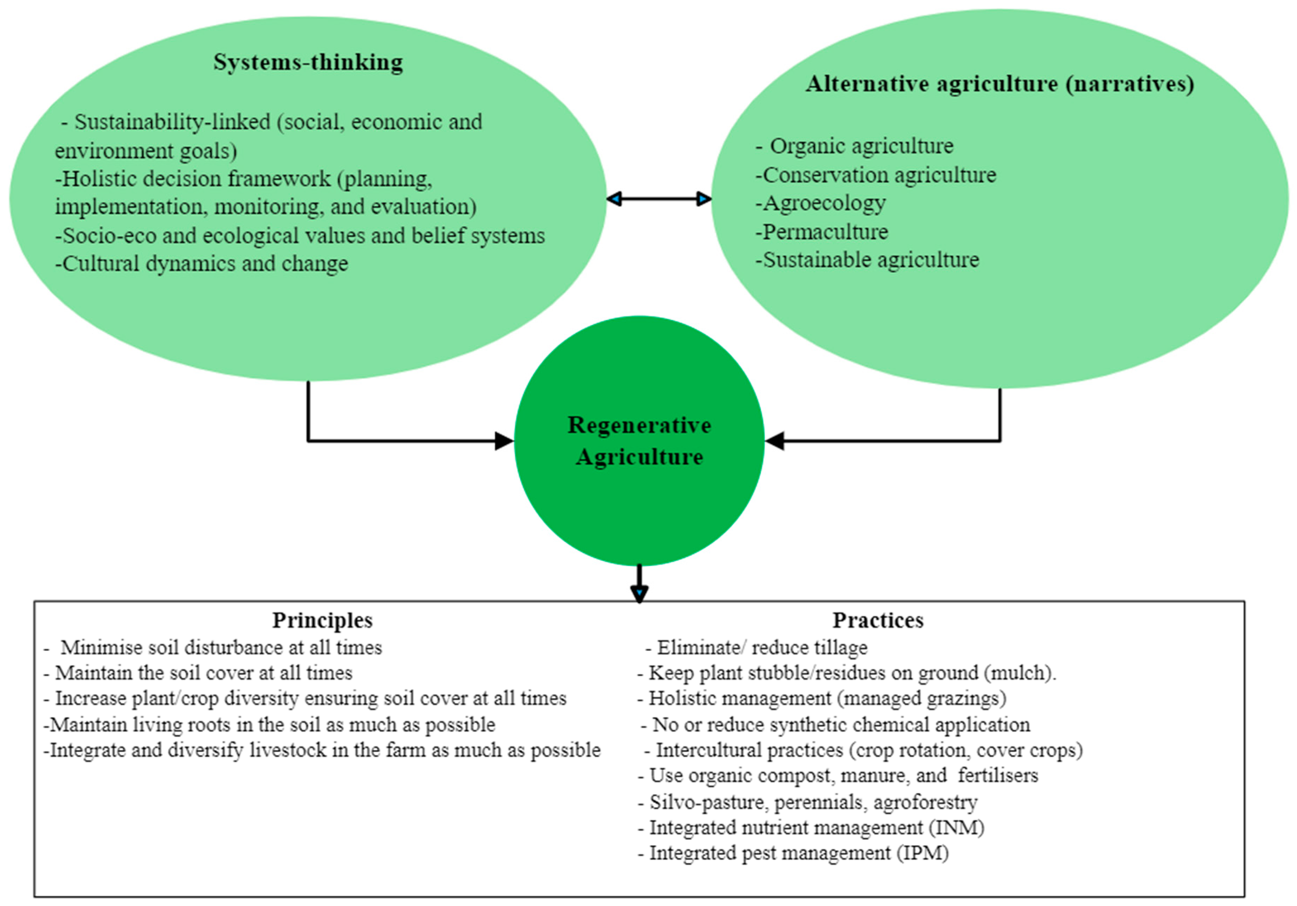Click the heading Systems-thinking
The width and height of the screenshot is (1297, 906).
coord(308,62)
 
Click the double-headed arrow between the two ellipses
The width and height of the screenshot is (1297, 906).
coord(659,199)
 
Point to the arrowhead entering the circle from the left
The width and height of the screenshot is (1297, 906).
coord(504,441)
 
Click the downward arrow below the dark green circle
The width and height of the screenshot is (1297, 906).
coord(639,585)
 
